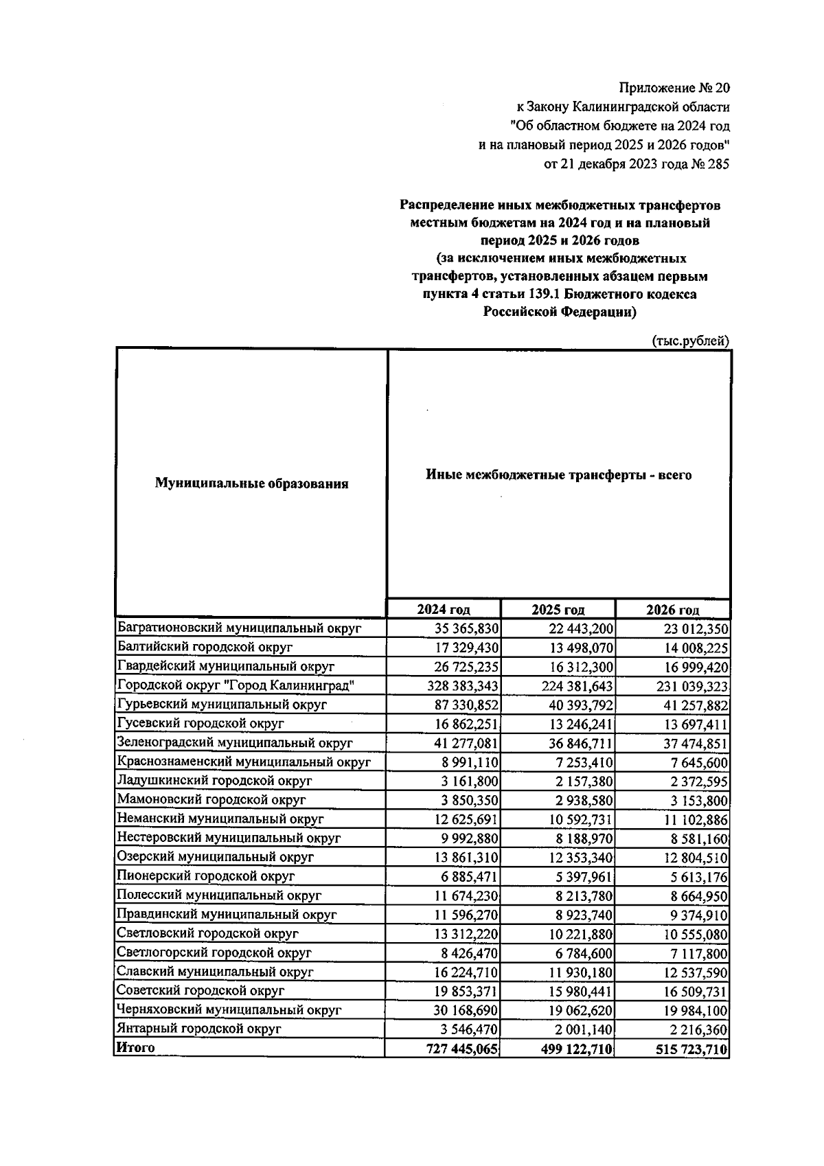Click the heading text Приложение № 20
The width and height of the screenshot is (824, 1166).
(675, 88)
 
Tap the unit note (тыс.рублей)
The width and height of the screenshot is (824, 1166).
(689, 341)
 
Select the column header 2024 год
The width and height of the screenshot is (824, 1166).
(444, 610)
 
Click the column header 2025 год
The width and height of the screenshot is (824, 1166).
(558, 610)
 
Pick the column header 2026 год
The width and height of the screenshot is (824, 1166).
(672, 610)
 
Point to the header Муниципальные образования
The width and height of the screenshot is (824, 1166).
(251, 483)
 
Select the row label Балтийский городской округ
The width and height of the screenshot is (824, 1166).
(205, 647)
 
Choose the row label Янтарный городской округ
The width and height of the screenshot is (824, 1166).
(199, 1029)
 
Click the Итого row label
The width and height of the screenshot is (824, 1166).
(136, 1048)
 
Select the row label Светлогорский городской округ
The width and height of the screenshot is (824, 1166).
(214, 952)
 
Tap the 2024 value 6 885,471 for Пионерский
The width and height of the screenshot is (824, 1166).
(468, 877)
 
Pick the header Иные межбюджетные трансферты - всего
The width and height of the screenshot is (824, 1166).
(558, 475)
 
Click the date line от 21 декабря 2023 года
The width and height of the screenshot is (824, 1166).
(636, 164)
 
